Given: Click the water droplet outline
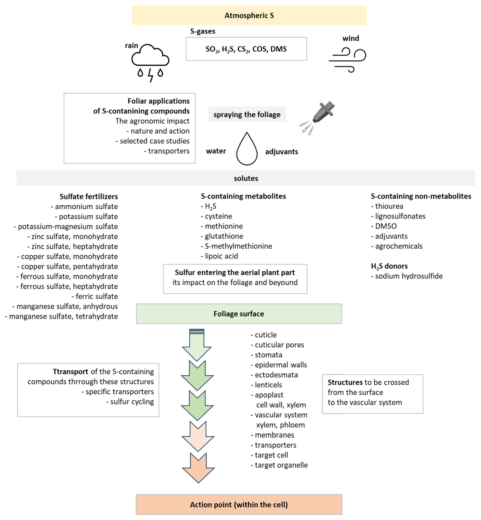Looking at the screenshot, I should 247,149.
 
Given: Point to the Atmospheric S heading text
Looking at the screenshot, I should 249,16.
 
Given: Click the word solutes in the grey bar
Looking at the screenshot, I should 246,178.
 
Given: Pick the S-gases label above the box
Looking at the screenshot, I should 203,31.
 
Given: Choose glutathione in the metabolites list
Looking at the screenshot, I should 224,236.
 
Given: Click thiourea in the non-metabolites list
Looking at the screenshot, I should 389,206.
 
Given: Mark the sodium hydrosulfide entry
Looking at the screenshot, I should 409,276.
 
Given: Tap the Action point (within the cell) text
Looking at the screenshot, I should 239,505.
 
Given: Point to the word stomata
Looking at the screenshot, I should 268,355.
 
